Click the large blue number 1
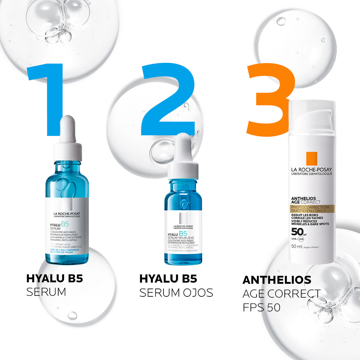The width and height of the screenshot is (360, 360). point(51,96)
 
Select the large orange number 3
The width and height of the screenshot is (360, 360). point(270,99)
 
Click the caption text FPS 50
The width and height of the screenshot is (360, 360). point(261,307)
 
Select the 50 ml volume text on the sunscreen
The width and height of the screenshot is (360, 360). point(297,247)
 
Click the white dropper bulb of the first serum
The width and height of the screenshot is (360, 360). point(67,129)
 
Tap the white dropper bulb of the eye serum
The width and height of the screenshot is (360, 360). point(183,147)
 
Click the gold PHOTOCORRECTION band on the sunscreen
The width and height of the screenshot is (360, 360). point(309,209)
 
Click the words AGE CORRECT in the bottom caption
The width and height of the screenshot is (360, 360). point(281,294)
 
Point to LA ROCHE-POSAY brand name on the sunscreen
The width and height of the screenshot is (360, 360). point(311,170)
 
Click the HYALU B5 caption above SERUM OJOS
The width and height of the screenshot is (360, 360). point(168,279)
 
